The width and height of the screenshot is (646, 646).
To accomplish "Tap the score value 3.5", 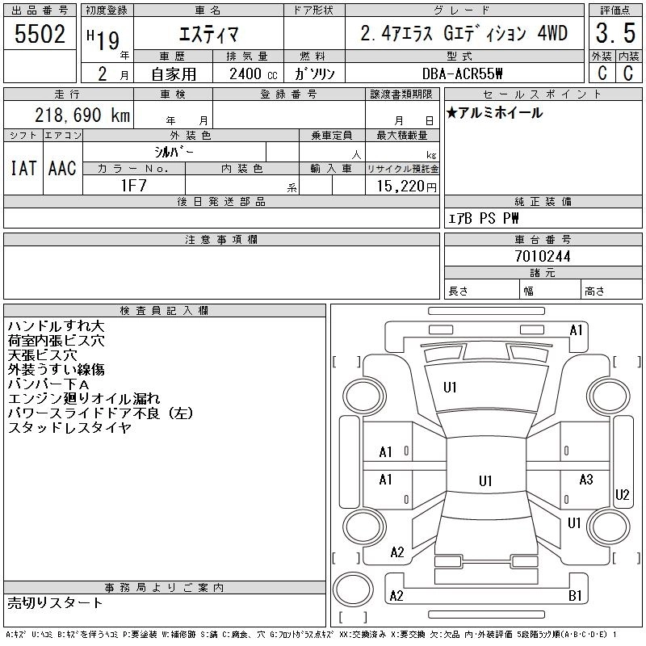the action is point(614,34).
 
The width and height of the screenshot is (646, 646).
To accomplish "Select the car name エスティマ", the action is point(208,34).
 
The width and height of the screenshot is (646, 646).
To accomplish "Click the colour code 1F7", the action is point(133,184).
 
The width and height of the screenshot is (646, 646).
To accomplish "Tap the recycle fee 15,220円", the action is point(404,186).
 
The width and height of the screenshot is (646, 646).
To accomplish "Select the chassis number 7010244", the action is point(543,256).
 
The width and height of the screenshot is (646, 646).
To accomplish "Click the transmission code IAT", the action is point(23,168).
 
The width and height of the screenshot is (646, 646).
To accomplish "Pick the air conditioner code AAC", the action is point(62,168).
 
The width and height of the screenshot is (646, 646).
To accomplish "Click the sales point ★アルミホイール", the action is point(494,113).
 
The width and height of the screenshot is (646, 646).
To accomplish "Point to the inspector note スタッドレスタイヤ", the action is point(69,428).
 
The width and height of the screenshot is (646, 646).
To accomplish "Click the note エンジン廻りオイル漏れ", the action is point(84,399).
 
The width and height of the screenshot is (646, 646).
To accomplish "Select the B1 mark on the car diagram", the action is point(576,596).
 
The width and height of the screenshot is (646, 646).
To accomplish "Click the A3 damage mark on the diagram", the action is point(586,480).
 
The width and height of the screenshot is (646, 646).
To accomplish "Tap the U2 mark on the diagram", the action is point(623,494).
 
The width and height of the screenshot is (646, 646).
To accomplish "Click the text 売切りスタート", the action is point(56,602).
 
